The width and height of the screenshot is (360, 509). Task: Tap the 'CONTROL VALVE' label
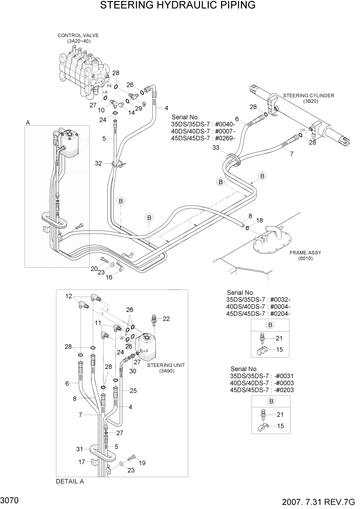pyautogui.click(x=78, y=35)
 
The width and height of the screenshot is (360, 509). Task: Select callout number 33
pyautogui.click(x=216, y=148)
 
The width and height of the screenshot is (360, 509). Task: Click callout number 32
pyautogui.click(x=98, y=163)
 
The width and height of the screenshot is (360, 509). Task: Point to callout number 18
pyautogui.click(x=259, y=220)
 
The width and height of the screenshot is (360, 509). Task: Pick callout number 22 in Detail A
pyautogui.click(x=166, y=319)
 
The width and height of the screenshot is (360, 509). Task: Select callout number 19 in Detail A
pyautogui.click(x=142, y=462)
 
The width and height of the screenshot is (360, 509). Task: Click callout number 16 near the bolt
pyautogui.click(x=109, y=277)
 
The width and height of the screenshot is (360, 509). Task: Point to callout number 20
pyautogui.click(x=94, y=269)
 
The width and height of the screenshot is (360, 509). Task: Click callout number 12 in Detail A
pyautogui.click(x=68, y=297)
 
